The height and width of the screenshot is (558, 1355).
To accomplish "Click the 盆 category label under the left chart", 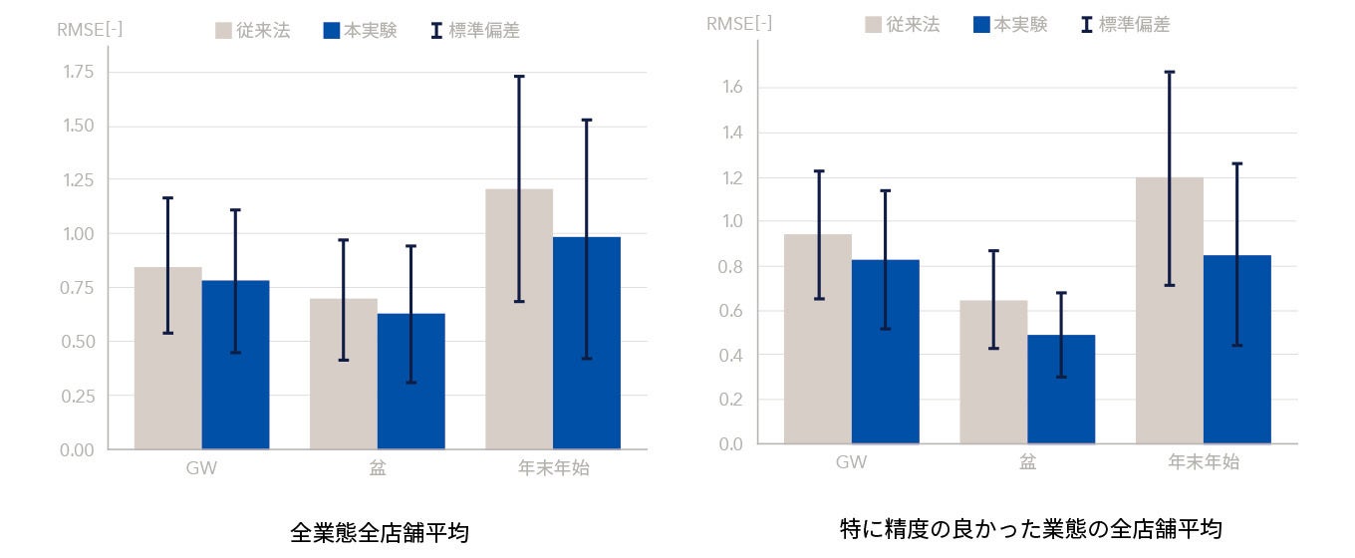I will point(377,466).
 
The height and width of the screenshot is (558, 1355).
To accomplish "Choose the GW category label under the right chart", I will point(851,461).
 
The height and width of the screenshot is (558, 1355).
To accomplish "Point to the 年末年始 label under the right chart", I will point(1204,461).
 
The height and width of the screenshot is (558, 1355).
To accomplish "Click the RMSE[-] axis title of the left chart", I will point(90,29).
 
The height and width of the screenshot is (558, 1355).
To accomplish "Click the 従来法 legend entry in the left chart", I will point(253,30).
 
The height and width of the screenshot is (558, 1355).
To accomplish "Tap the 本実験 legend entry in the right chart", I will point(1010,25).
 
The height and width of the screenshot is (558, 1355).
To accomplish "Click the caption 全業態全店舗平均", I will point(379,532).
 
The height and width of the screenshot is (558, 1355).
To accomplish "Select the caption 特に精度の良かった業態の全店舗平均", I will point(1030,528).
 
